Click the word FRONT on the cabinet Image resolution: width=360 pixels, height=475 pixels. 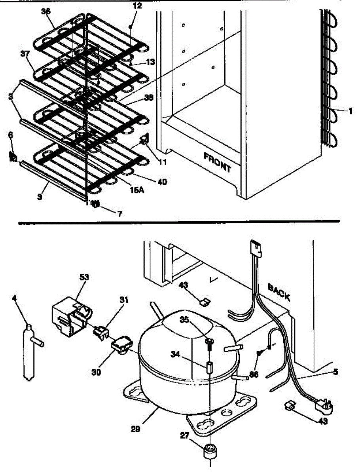217,162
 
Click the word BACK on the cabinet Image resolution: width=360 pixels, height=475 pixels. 279,292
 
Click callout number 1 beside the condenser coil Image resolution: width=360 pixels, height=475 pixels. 350,111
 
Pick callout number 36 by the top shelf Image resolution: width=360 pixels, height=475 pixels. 46,12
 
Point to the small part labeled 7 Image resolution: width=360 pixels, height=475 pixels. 95,204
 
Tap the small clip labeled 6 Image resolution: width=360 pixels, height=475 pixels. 13,157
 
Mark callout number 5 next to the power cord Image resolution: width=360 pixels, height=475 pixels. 335,372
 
